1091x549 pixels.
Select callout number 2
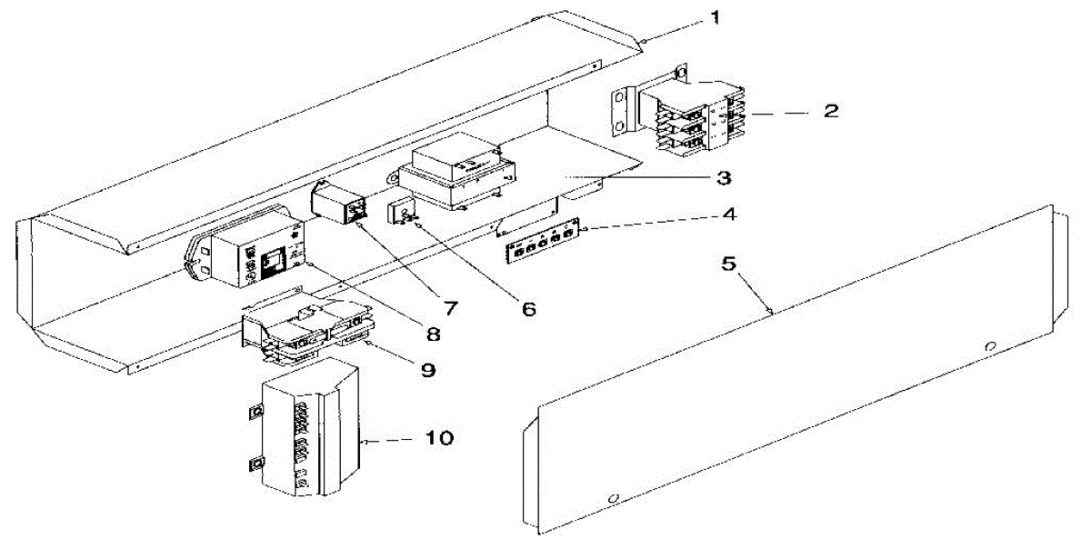click(830, 112)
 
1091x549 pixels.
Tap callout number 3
click(723, 177)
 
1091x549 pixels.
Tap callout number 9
click(426, 370)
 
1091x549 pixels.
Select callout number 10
click(438, 438)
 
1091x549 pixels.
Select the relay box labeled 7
click(340, 203)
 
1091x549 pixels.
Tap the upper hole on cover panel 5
click(992, 346)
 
